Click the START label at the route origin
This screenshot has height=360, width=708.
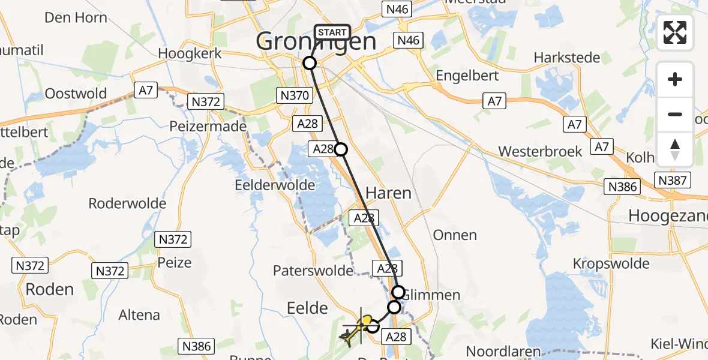[332, 32]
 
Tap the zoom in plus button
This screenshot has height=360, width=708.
[675, 80]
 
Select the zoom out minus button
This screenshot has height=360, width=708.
[675, 115]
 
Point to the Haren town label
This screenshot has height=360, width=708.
[388, 193]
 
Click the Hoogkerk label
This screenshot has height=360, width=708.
[190, 53]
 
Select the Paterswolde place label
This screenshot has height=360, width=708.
[313, 271]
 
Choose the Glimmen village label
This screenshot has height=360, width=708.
[431, 295]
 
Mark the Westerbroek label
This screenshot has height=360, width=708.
[540, 151]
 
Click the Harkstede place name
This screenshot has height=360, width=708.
[567, 58]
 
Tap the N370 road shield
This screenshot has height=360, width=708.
[294, 95]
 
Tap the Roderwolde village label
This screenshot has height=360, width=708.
[127, 203]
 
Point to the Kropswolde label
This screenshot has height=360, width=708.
[611, 263]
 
